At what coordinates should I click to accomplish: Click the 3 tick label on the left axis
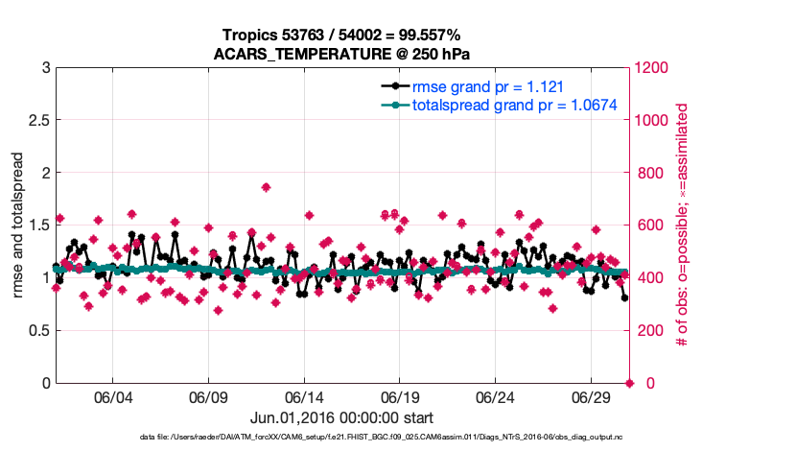tap(44, 68)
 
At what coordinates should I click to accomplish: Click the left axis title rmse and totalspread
tap(19, 225)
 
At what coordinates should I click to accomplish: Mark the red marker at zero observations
tap(629, 383)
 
